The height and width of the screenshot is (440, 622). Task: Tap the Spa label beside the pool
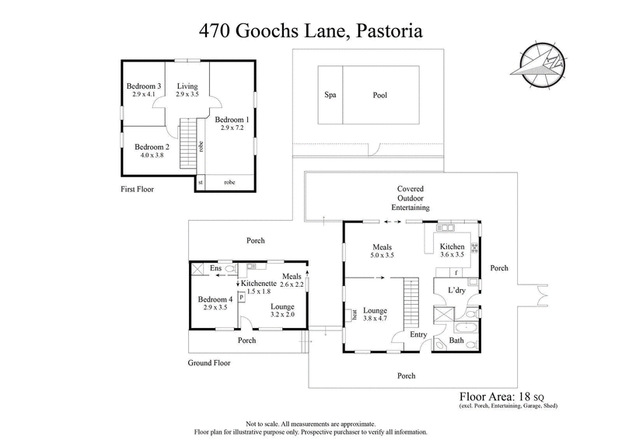(330, 96)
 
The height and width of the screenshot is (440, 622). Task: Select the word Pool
(379, 96)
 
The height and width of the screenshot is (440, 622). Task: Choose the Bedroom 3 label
(143, 86)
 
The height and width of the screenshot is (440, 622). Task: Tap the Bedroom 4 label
(215, 299)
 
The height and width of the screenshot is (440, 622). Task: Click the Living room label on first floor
(187, 86)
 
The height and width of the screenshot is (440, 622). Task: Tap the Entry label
(419, 334)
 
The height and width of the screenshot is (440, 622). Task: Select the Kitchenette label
(260, 283)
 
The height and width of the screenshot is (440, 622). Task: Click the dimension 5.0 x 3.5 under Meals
(382, 256)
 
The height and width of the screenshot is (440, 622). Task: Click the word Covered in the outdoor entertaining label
(410, 189)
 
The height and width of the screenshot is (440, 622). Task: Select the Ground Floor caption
(210, 362)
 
